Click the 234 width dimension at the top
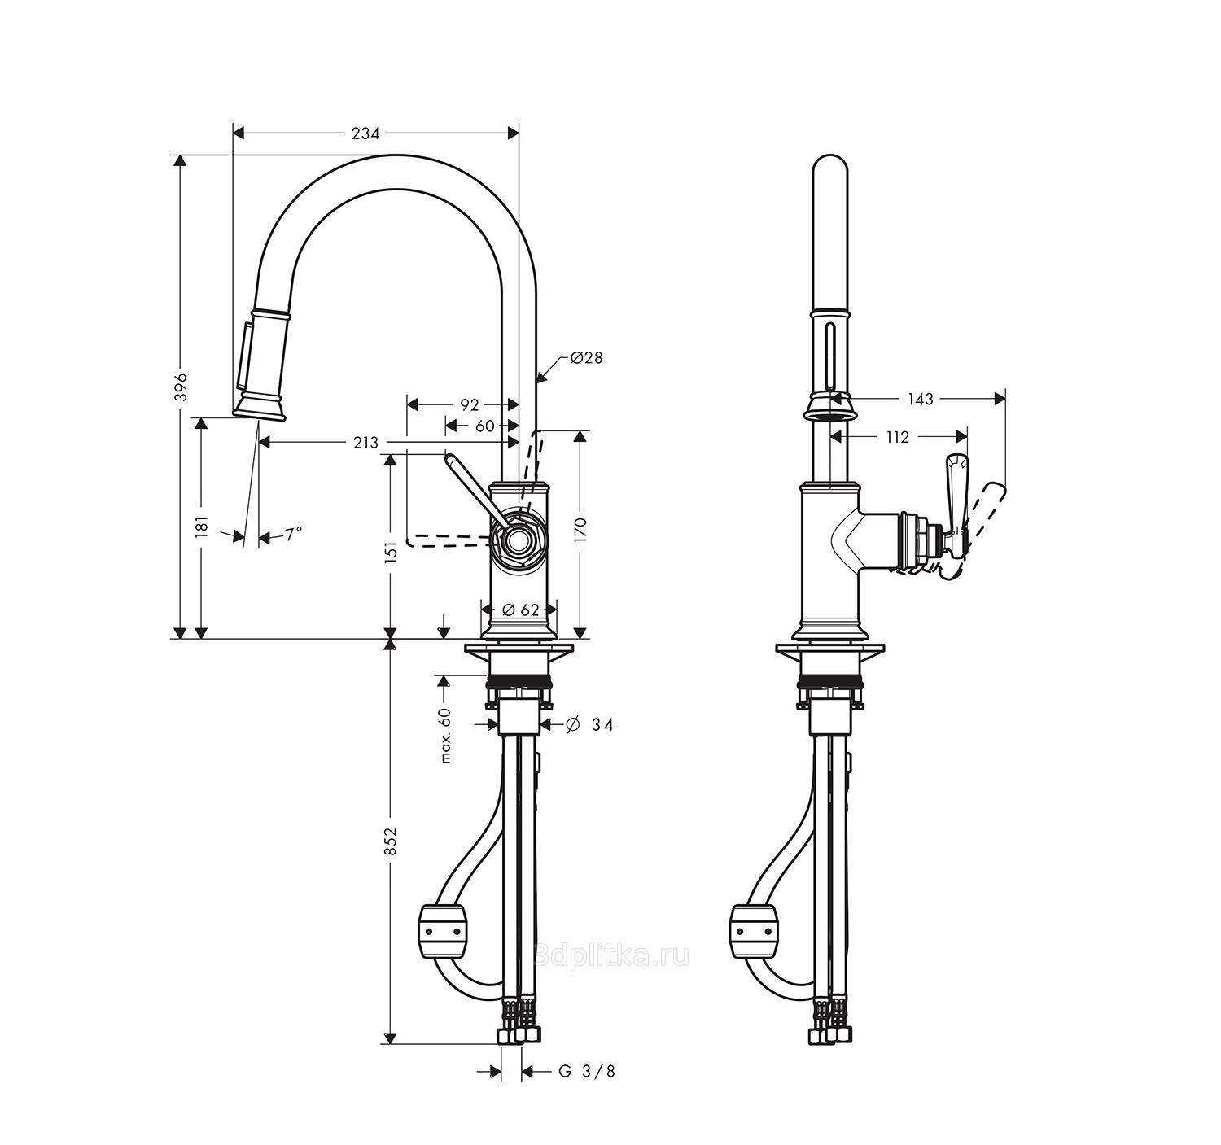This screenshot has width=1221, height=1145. (x=365, y=133)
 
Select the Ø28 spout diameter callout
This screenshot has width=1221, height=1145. (x=586, y=357)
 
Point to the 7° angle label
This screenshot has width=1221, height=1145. (x=293, y=534)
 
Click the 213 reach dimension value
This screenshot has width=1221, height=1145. (x=365, y=443)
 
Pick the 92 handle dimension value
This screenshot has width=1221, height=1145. (x=470, y=404)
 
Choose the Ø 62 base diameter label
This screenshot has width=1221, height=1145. (x=520, y=610)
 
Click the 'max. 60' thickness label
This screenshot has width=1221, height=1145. (x=446, y=736)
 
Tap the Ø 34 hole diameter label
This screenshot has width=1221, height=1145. (x=589, y=725)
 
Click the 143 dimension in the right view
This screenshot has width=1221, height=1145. (x=921, y=399)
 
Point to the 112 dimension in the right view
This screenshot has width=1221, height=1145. (x=898, y=437)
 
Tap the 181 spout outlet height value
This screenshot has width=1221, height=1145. (x=203, y=526)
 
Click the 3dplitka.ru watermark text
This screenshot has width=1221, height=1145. (x=612, y=956)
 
